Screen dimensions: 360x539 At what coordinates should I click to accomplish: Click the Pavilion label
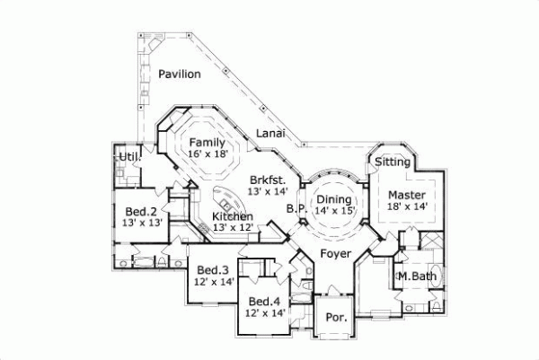[x=180, y=75]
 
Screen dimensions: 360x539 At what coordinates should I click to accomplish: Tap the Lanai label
[x=270, y=134]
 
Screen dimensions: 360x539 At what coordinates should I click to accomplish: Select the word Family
[x=207, y=143]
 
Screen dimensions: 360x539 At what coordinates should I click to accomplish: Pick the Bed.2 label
[x=142, y=211]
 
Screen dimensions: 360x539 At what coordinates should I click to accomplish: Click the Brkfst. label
[x=268, y=179]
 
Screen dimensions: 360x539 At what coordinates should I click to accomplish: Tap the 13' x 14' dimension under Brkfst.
[x=268, y=190]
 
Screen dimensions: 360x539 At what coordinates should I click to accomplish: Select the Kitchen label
[x=232, y=216]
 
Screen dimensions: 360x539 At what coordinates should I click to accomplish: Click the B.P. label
[x=296, y=208]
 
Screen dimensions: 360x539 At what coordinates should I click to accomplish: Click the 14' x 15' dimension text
[x=336, y=211]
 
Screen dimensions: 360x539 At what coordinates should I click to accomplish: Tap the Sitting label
[x=393, y=162]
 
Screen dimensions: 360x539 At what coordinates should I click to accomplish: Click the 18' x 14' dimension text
[x=406, y=206]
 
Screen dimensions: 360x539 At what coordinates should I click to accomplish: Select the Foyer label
[x=335, y=254]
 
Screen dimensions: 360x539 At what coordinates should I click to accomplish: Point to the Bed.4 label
[x=265, y=301]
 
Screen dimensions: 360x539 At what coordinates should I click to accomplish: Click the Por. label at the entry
[x=335, y=318]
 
